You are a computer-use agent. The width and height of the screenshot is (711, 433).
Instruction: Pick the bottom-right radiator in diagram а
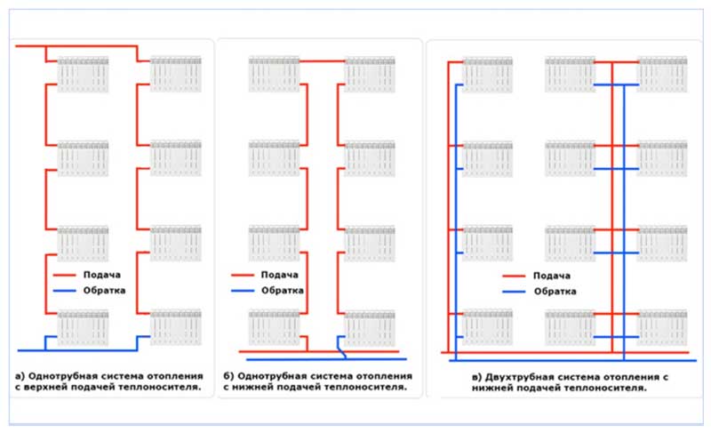175,326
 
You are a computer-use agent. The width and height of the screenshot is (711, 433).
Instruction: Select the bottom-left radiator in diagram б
273,326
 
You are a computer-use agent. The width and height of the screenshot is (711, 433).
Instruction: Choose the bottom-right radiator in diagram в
662,326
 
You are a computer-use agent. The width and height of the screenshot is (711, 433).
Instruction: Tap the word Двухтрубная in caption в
519,376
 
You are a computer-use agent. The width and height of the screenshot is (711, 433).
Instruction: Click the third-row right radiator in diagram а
175,242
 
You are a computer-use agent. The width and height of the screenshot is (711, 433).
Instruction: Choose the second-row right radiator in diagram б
369,156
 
